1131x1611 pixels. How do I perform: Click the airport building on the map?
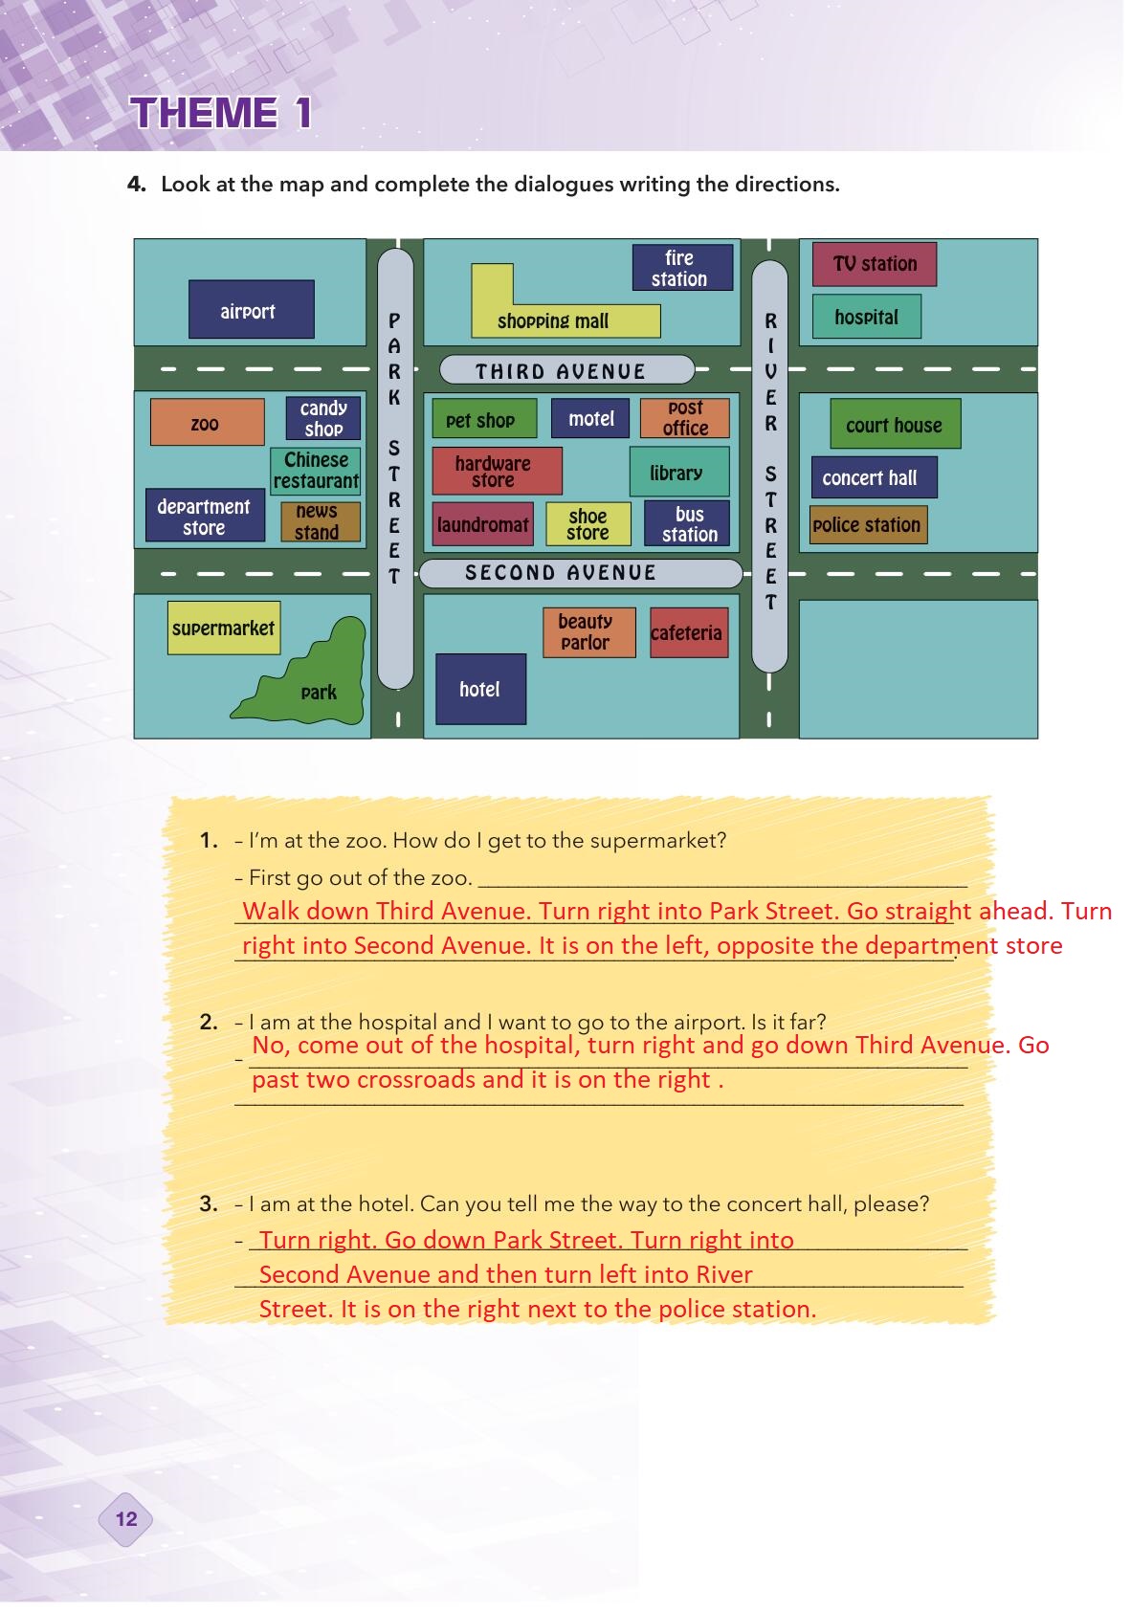(251, 309)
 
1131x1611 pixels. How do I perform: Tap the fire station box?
(681, 268)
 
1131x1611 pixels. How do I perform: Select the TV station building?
(874, 264)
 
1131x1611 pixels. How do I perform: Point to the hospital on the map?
(866, 317)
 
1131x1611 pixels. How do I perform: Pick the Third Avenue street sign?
(565, 370)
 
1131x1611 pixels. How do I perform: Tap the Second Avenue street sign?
(580, 573)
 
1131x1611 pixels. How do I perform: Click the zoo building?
(207, 423)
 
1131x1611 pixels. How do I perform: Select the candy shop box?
(323, 418)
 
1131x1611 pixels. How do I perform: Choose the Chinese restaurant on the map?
(316, 471)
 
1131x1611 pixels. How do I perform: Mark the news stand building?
(320, 522)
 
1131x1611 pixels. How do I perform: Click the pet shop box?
(483, 419)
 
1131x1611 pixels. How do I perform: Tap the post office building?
(684, 418)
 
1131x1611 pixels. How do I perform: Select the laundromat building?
(483, 524)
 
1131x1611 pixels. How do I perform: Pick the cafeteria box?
(687, 632)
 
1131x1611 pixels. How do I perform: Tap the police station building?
(868, 524)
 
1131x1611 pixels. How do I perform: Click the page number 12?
(125, 1518)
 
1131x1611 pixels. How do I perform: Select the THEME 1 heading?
(222, 113)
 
